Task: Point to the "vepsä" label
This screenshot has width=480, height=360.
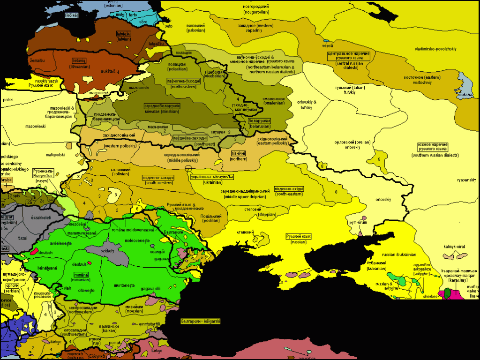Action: coord(327,46)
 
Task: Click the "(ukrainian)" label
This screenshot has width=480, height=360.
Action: coord(212,183)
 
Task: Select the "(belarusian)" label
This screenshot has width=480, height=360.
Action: coord(259,126)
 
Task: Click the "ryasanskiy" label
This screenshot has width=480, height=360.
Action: coord(466,180)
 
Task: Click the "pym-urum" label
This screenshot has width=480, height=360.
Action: coord(358,222)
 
